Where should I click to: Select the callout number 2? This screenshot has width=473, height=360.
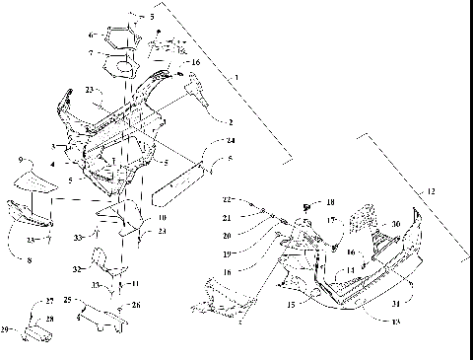pos(229,123)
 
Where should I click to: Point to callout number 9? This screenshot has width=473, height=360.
pos(19,160)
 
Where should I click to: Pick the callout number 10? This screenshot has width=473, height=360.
pos(163,216)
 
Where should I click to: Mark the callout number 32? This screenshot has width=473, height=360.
pos(76,267)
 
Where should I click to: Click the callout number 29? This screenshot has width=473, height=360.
pos(6,328)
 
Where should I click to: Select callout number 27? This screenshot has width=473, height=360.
pos(50,301)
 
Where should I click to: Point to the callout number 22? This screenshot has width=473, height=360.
pos(226,199)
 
